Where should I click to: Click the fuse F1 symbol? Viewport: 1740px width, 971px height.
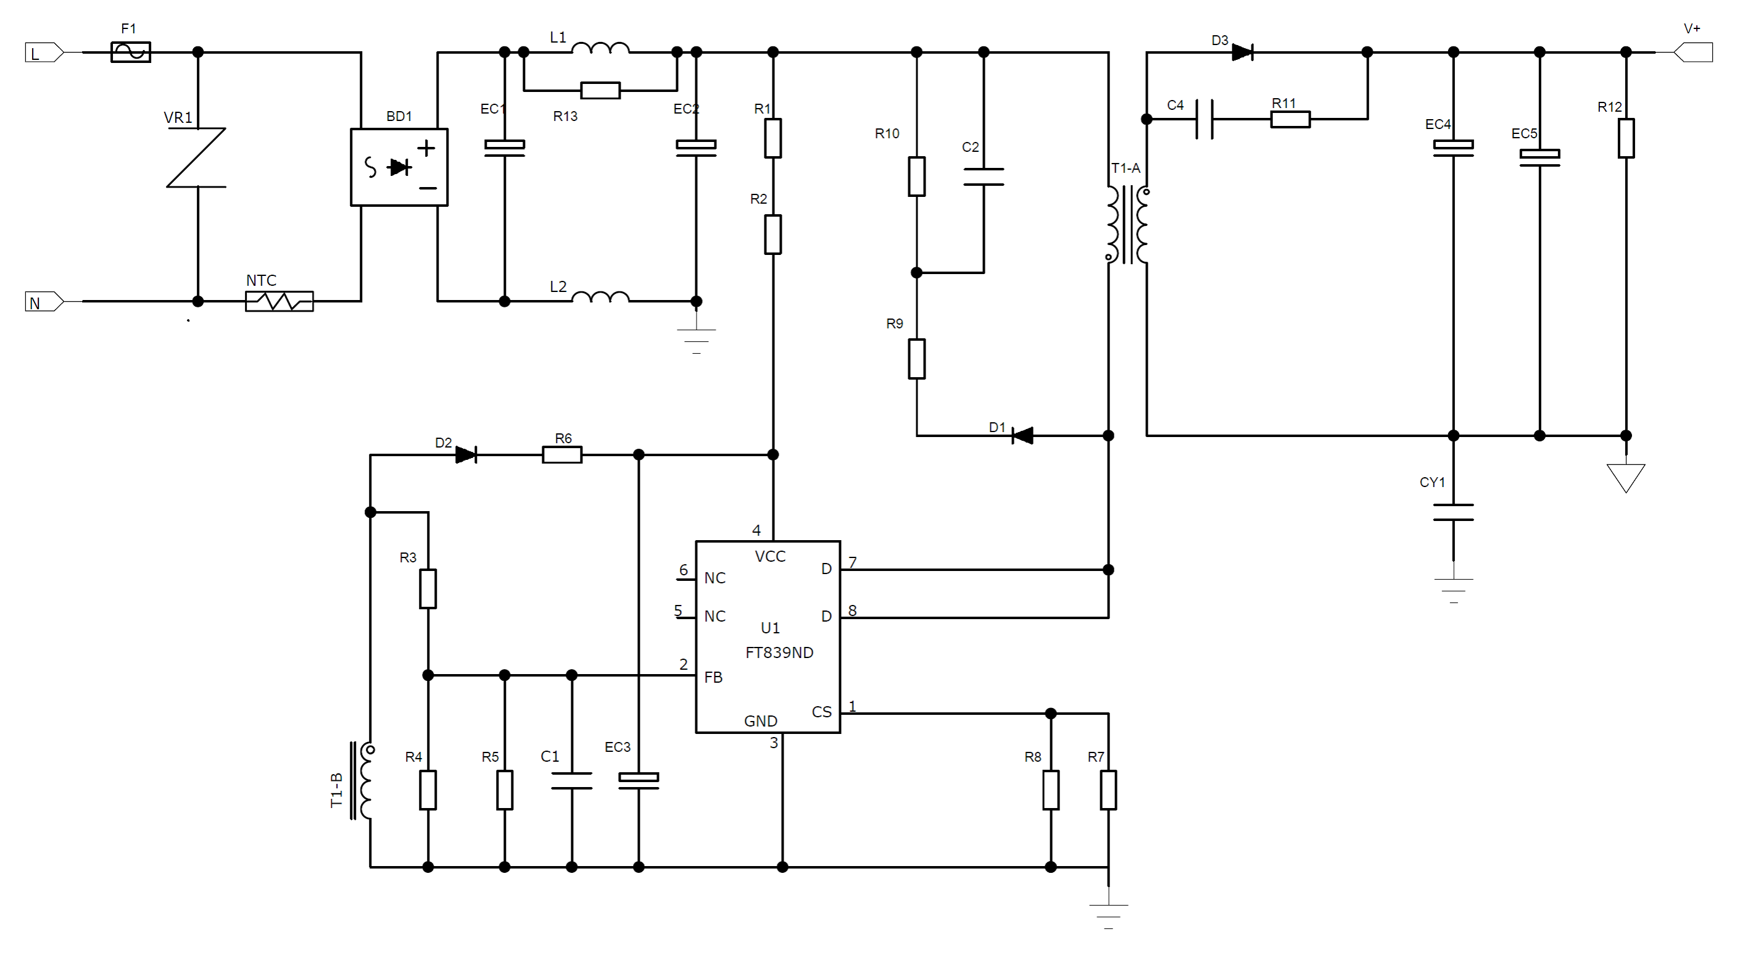[130, 52]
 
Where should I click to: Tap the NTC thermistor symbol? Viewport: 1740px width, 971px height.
[279, 301]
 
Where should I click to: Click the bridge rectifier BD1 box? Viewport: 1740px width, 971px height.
[399, 167]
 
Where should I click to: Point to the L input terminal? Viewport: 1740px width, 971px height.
[44, 52]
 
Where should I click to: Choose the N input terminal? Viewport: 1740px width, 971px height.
[44, 301]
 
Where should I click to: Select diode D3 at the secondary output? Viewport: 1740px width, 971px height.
[1242, 52]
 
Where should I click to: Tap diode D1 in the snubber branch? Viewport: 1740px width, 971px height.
[1022, 436]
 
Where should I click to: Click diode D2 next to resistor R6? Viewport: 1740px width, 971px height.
[466, 455]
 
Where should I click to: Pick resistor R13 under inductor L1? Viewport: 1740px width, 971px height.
[600, 90]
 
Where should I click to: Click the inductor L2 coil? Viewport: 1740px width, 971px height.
[600, 297]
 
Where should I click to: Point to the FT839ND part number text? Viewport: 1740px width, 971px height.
[779, 652]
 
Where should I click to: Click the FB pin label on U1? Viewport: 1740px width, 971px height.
[713, 677]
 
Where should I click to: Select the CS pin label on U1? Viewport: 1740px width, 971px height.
[821, 712]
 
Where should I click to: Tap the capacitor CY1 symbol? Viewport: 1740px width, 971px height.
[1454, 512]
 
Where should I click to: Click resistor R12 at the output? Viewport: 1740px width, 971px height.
[1626, 138]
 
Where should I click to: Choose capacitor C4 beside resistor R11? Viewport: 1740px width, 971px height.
[1204, 119]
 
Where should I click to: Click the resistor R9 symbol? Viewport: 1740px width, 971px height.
[917, 359]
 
